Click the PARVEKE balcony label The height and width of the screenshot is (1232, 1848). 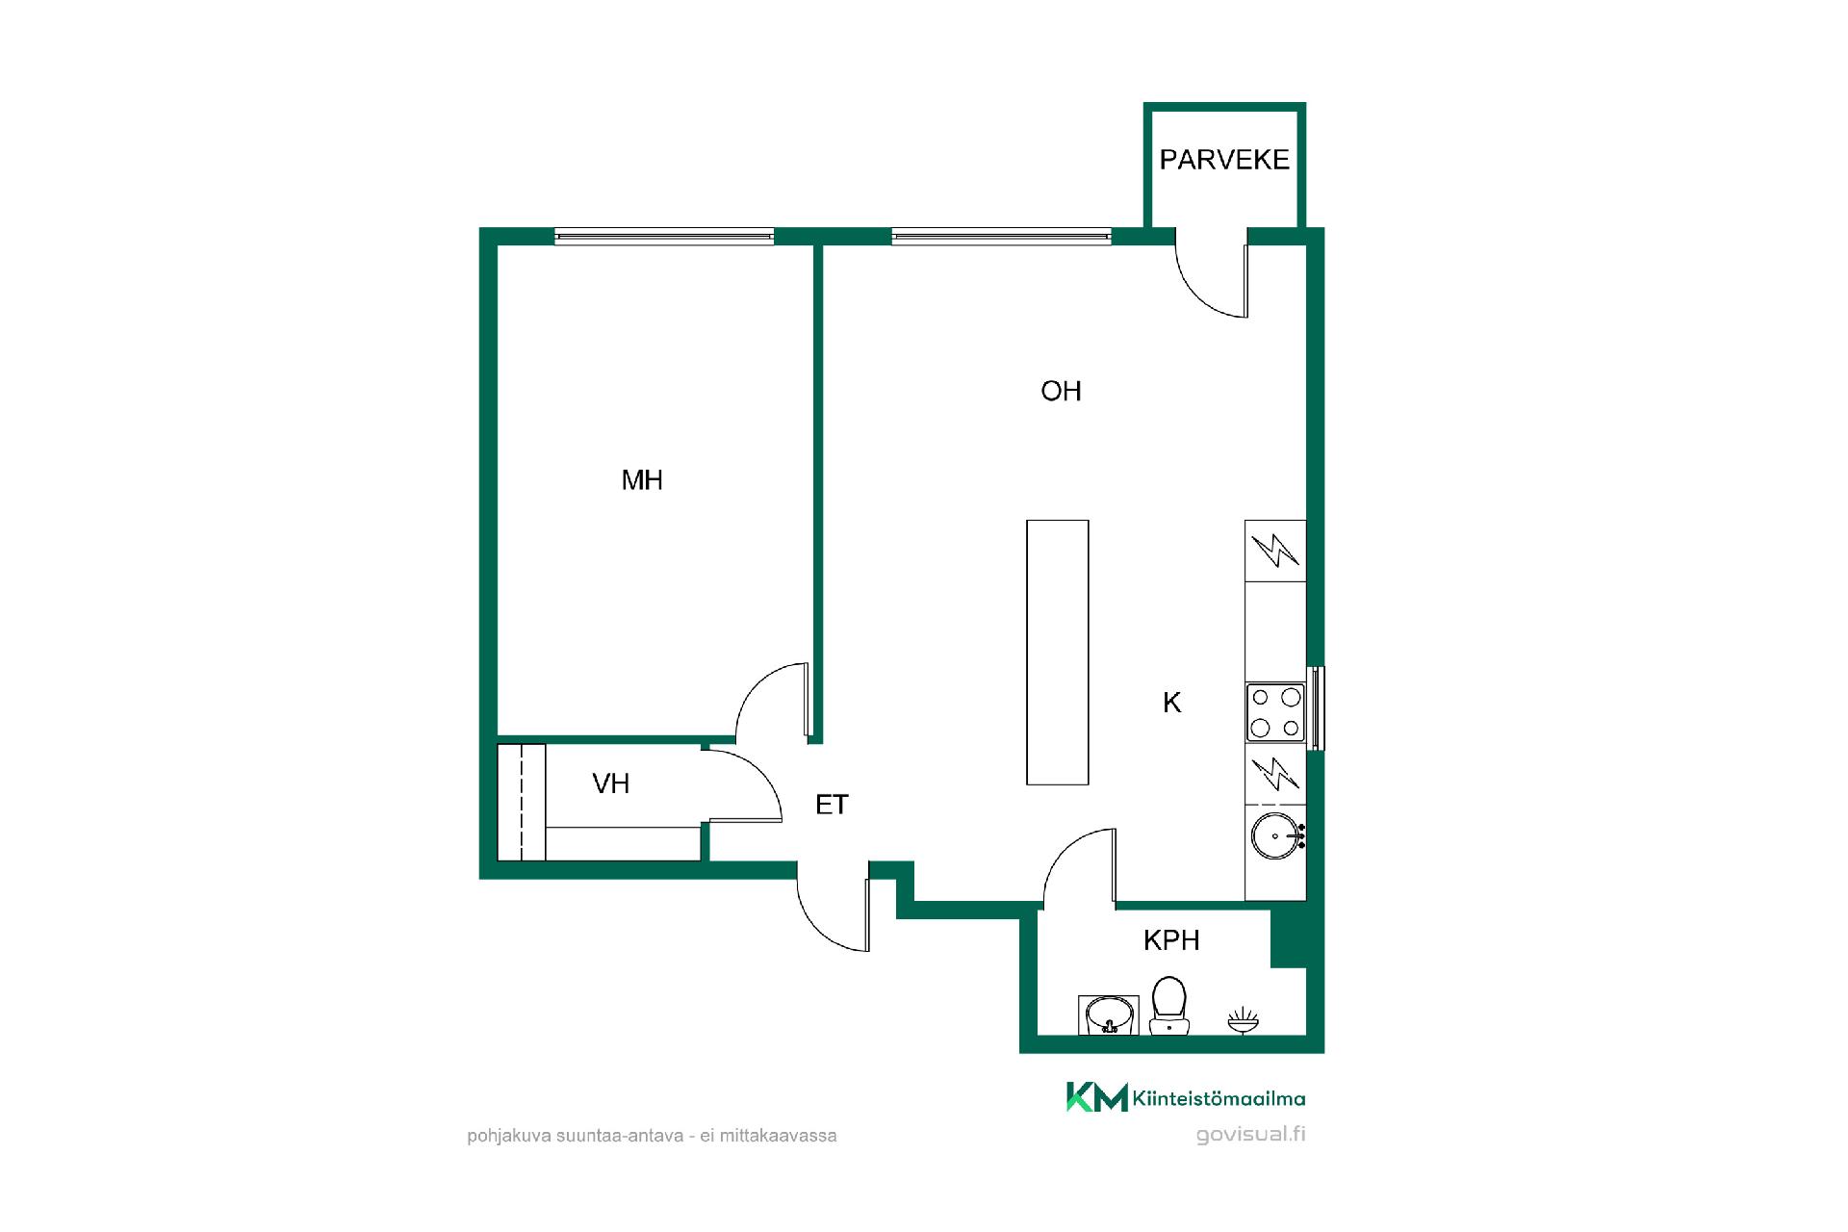[x=1223, y=160]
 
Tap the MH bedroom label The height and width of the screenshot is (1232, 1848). [x=642, y=480]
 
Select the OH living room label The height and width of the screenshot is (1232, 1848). [x=1061, y=391]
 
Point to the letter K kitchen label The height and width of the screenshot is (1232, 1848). [x=1171, y=703]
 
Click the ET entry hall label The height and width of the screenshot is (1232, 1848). [x=832, y=805]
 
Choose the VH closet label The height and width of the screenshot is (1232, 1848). [x=611, y=783]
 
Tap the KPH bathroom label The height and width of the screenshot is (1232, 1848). [x=1171, y=940]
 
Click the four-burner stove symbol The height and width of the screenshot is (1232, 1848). [x=1275, y=712]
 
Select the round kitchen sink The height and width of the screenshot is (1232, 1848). [x=1276, y=836]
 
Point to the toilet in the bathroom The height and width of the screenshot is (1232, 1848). [x=1168, y=1006]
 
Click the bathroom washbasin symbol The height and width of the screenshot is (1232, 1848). [x=1108, y=1014]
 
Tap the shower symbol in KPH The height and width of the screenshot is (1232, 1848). [x=1243, y=1020]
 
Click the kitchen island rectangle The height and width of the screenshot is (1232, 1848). [x=1058, y=653]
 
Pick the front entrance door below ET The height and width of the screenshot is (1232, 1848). [x=834, y=915]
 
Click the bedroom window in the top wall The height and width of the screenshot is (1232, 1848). [x=664, y=236]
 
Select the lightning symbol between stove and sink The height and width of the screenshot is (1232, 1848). [x=1274, y=773]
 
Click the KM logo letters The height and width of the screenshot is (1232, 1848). [x=1096, y=1097]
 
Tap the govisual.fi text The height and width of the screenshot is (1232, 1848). [x=1250, y=1134]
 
